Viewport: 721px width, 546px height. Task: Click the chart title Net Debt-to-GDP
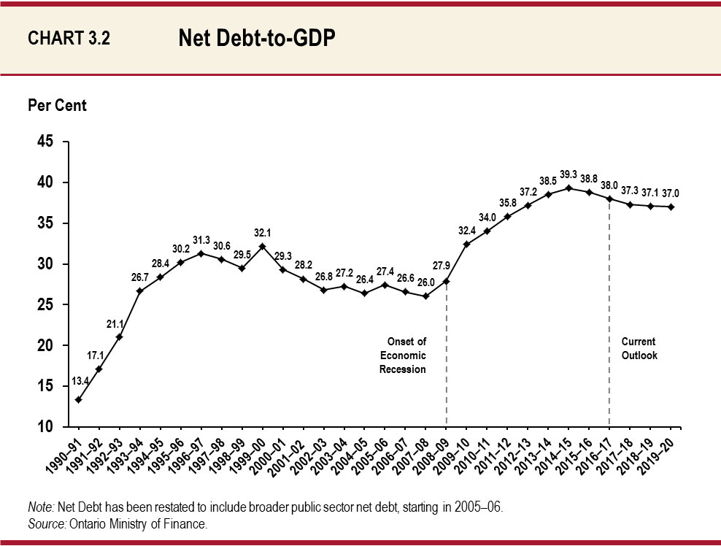click(x=256, y=39)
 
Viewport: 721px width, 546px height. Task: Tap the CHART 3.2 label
click(x=69, y=39)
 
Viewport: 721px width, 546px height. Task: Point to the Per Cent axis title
click(x=57, y=106)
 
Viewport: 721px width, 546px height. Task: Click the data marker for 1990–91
click(x=78, y=399)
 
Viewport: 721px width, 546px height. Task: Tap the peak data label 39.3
click(x=568, y=174)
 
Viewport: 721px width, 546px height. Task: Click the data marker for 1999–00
click(x=262, y=246)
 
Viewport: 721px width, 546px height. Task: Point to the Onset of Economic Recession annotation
click(x=402, y=355)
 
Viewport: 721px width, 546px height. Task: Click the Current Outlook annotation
click(x=639, y=348)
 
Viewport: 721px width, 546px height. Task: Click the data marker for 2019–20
click(x=671, y=207)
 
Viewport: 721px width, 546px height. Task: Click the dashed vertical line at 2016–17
click(x=609, y=314)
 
